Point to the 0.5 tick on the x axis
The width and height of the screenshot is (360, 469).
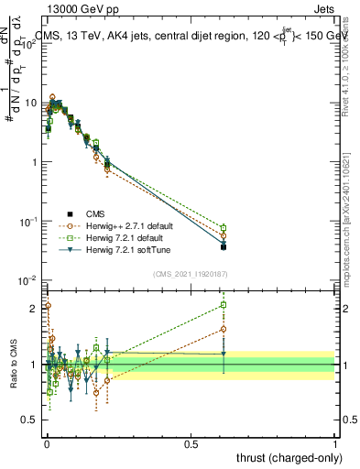click(191, 443)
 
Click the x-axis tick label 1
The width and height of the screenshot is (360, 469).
click(335, 443)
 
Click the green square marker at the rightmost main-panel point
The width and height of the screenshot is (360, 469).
click(224, 227)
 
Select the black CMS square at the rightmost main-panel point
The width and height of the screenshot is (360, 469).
click(224, 246)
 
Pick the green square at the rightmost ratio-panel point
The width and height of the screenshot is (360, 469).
click(224, 306)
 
